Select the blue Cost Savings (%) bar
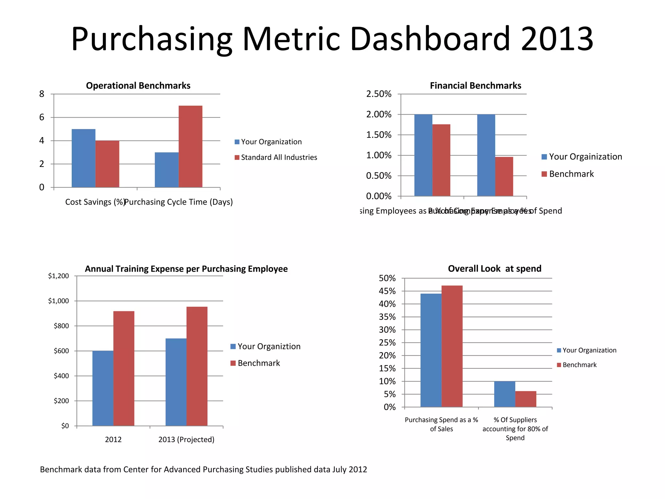83,158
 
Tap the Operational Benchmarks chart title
138,85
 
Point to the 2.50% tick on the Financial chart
379,94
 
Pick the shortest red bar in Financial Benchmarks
504,176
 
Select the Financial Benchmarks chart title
475,85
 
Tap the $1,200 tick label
58,276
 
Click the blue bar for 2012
103,388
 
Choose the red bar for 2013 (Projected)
197,366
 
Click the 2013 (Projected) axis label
186,440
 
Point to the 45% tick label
387,291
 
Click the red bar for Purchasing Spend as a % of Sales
452,346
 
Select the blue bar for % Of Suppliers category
504,394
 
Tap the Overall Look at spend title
494,269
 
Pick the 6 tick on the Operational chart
42,118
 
